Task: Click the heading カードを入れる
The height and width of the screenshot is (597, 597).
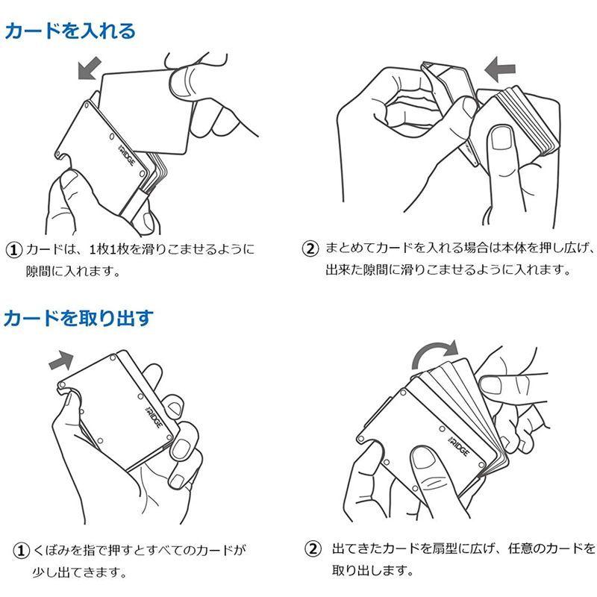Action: click(x=70, y=31)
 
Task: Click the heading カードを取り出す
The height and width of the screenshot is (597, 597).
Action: click(x=78, y=319)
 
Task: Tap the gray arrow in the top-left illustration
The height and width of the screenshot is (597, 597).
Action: click(x=89, y=69)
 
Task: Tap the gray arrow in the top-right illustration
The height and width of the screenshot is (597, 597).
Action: click(x=499, y=72)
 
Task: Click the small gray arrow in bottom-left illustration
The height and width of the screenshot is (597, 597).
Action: click(x=60, y=360)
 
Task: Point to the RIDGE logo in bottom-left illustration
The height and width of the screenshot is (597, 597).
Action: click(x=146, y=408)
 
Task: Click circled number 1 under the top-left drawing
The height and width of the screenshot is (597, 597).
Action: click(x=13, y=249)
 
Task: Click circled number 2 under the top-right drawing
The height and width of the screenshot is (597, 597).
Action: click(x=310, y=249)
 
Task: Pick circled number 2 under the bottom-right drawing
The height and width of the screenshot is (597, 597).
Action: click(x=312, y=550)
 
